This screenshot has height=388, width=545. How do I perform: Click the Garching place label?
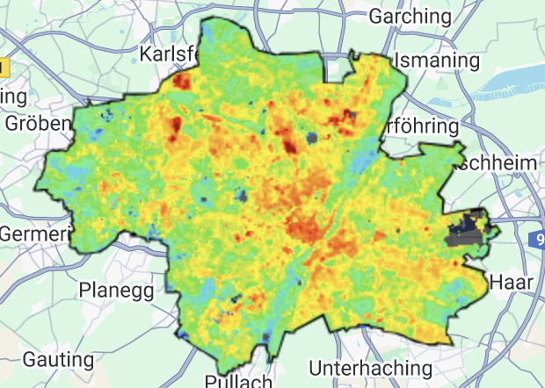coord(411,16)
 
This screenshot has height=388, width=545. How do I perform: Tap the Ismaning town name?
coord(438,61)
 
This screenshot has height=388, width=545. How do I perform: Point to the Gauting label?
coord(58,360)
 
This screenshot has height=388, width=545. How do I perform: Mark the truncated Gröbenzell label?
coord(37,123)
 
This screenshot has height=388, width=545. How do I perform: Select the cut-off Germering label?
coord(34,234)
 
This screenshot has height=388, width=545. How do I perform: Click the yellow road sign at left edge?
coord(4,67)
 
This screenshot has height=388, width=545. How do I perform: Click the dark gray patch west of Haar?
coord(465,232)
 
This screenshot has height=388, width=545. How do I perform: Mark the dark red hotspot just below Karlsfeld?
coord(182,83)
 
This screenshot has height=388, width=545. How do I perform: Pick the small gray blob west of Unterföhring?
coord(312,137)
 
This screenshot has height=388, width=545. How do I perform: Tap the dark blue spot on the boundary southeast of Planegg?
coord(183,334)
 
